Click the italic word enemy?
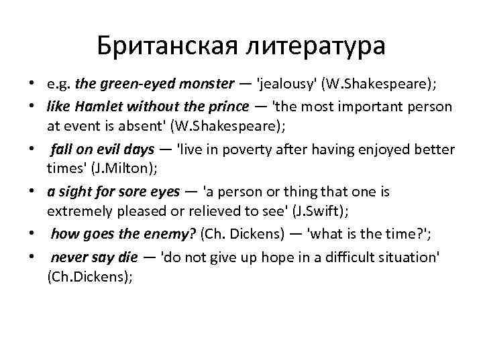point(162,235)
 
